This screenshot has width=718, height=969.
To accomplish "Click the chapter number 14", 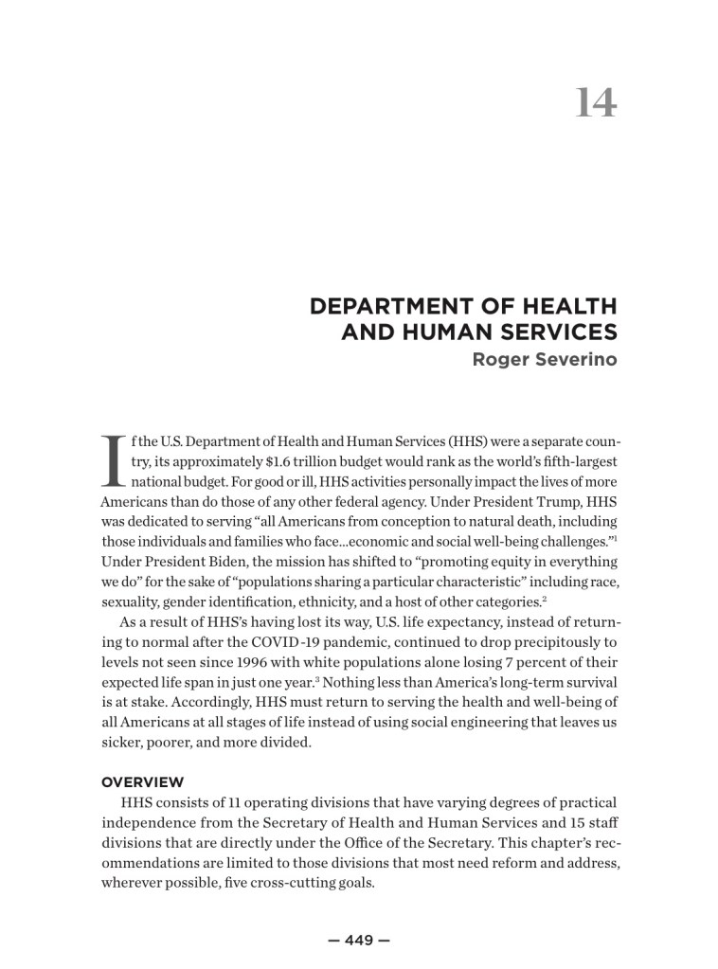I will (596, 103).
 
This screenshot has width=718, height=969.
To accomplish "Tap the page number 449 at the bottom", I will (359, 941).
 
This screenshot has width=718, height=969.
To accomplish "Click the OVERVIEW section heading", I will (141, 782).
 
